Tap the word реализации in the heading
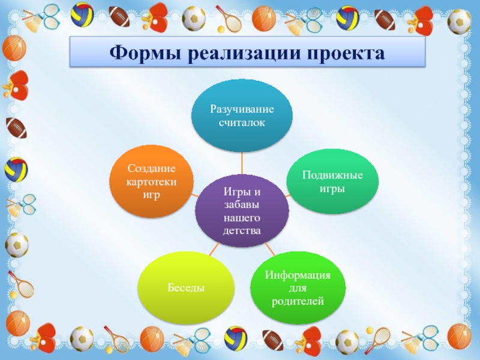242,53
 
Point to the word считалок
242,122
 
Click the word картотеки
152,182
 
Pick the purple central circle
242,210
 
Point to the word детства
242,230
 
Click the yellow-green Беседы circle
185,289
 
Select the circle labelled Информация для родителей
298,287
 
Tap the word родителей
298,301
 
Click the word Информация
298,275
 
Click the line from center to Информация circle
269,247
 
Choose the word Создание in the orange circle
152,169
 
